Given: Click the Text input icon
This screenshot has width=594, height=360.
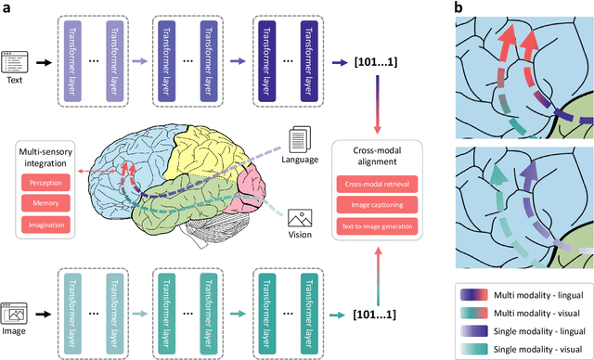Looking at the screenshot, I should [14, 61].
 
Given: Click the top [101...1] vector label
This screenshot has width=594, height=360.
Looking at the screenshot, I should [375, 62].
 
